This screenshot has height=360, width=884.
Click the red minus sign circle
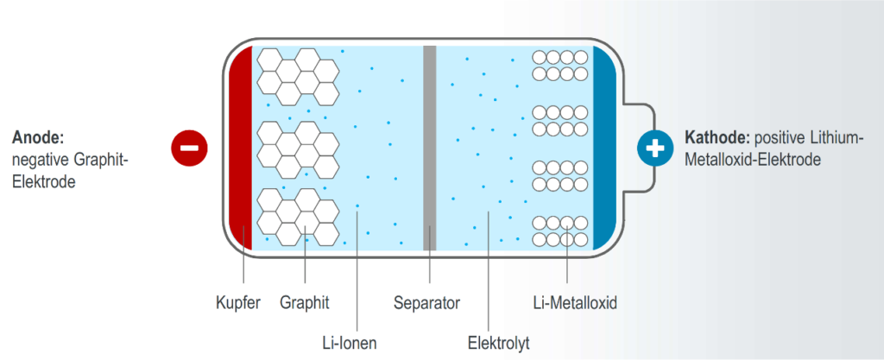(x=188, y=148)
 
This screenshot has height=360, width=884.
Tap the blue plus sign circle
(x=655, y=148)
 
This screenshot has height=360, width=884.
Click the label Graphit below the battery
(x=305, y=303)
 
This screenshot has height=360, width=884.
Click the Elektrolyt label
(x=492, y=344)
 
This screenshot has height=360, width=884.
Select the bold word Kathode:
(x=716, y=137)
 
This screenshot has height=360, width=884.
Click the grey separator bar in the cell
(x=429, y=147)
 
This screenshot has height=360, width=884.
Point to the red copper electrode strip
(x=241, y=147)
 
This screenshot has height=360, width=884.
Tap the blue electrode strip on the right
(x=603, y=147)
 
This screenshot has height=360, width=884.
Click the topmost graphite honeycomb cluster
(x=299, y=74)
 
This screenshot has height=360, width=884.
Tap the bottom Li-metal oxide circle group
(x=559, y=230)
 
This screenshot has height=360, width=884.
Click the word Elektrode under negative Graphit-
(x=43, y=182)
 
